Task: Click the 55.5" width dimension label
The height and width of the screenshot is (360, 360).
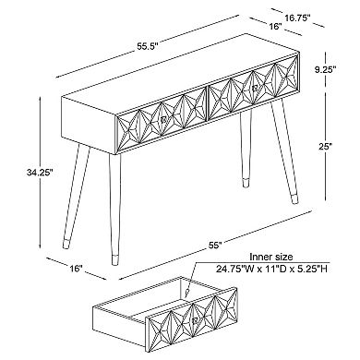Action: tap(148, 47)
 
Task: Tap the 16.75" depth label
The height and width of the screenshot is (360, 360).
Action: tap(297, 18)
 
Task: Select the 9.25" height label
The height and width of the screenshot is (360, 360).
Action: tap(325, 70)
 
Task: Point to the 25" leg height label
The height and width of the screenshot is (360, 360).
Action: tap(326, 146)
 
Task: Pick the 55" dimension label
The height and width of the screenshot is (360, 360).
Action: tap(215, 246)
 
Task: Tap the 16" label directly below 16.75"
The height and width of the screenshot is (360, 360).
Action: tap(276, 27)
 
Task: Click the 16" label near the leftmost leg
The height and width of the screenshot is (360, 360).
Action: tap(77, 269)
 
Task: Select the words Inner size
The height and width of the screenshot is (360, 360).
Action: tap(271, 257)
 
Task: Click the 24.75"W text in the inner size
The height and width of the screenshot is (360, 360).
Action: tap(235, 270)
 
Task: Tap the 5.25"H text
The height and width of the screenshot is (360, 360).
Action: tap(310, 270)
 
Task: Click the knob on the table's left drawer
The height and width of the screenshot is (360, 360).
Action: tap(163, 119)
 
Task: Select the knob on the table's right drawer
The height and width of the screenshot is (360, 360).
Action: tap(255, 89)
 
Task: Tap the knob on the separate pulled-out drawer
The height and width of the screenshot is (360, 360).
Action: tap(194, 321)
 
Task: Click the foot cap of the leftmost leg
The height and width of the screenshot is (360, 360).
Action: tap(66, 243)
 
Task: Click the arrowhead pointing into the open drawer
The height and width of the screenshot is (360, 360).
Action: tap(186, 290)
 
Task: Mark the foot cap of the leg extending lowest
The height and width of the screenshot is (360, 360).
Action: tap(114, 258)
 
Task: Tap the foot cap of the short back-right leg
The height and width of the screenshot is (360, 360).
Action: tap(246, 182)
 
